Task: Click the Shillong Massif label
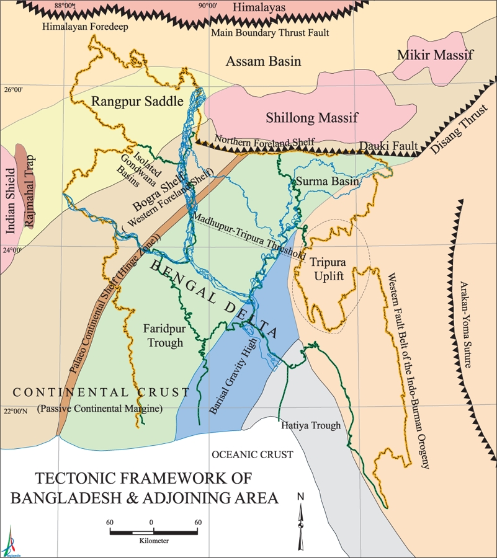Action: pyautogui.click(x=312, y=118)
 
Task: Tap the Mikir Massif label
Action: pyautogui.click(x=435, y=55)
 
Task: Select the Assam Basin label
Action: pyautogui.click(x=263, y=61)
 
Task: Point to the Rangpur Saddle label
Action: pyautogui.click(x=137, y=101)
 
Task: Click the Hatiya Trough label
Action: pyautogui.click(x=311, y=426)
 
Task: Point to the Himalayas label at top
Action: pyautogui.click(x=260, y=7)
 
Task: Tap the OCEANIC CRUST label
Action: pyautogui.click(x=252, y=454)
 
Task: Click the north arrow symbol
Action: pyautogui.click(x=301, y=521)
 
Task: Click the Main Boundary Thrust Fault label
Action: pyautogui.click(x=270, y=32)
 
